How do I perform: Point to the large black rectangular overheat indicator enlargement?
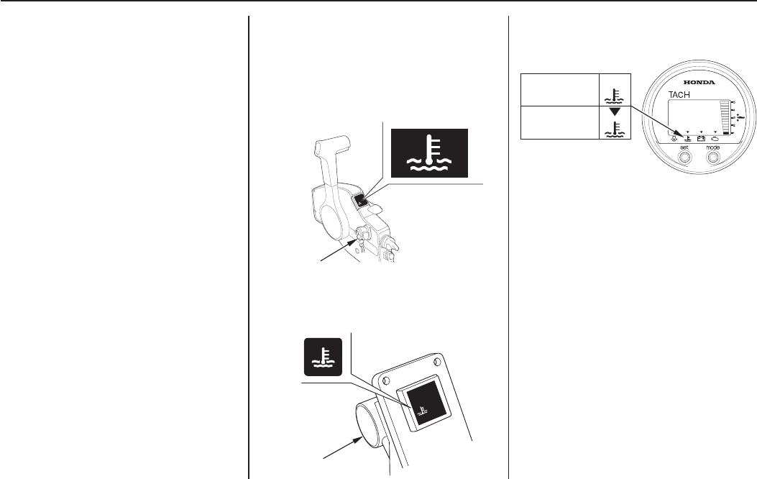pos(428,152)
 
